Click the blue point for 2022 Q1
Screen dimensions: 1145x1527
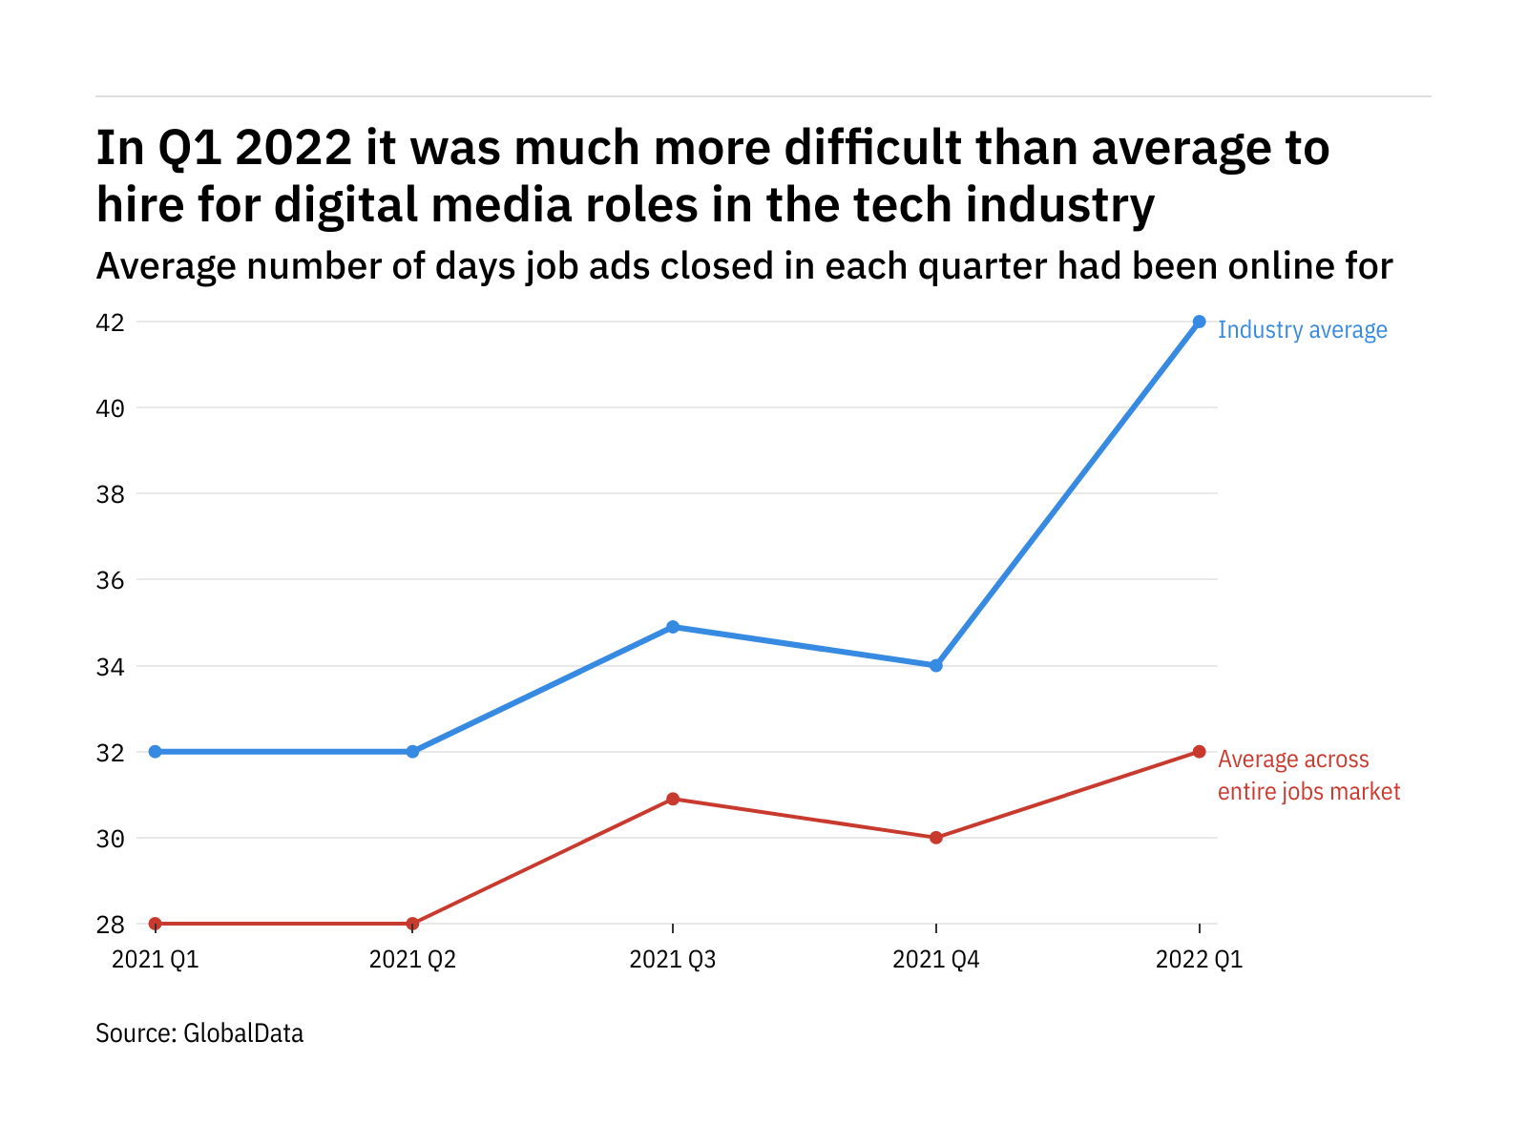(x=1200, y=322)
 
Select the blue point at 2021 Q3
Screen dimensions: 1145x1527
(x=673, y=627)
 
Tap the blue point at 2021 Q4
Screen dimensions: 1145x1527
(x=936, y=665)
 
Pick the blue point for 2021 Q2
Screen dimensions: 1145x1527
(x=412, y=752)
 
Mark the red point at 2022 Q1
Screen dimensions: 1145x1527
(x=1200, y=752)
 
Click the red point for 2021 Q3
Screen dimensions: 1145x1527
(x=673, y=799)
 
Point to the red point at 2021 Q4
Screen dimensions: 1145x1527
(x=936, y=838)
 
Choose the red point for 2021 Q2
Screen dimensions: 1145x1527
(x=412, y=924)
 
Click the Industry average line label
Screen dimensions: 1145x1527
(x=1302, y=330)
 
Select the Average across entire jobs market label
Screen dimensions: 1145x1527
(x=1308, y=775)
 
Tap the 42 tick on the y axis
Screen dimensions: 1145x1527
(x=110, y=323)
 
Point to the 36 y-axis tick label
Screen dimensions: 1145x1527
(x=110, y=580)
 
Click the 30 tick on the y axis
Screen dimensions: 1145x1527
(x=110, y=839)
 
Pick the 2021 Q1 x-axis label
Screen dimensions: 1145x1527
(x=156, y=959)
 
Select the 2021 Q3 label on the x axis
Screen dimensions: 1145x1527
(x=673, y=959)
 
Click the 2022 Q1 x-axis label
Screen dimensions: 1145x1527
(x=1200, y=959)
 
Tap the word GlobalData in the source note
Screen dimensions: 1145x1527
(x=243, y=1033)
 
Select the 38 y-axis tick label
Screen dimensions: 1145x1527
(x=110, y=494)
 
